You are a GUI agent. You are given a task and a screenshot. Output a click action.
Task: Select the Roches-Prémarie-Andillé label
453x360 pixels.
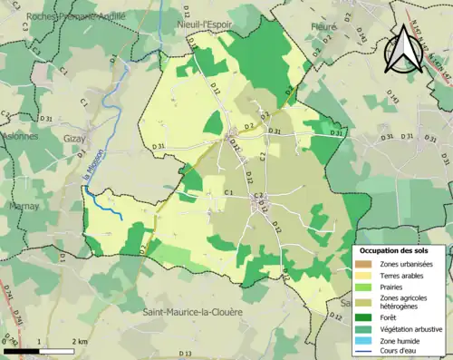click(x=63, y=15)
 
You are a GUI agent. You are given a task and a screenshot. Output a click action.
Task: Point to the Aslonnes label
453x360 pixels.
click(x=19, y=136)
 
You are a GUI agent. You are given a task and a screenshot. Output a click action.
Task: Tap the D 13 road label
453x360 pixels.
click(x=187, y=353)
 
